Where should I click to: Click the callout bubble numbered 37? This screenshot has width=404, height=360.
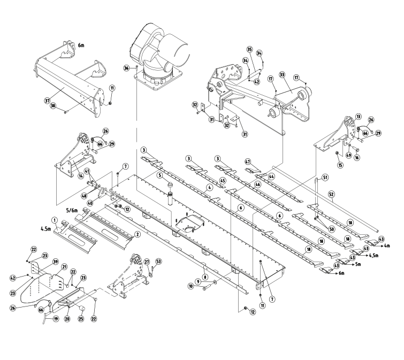(47, 101)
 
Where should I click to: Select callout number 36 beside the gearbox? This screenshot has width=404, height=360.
(126, 68)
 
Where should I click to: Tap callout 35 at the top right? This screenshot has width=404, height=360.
(249, 49)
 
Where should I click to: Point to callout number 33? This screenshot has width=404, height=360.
(282, 75)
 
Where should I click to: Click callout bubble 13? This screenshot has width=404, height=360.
(359, 117)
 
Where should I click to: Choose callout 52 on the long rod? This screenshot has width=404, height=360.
(332, 193)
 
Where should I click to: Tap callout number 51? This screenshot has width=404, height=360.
(325, 177)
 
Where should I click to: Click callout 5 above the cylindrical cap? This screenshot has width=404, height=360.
(160, 175)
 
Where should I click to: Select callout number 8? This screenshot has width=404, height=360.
(205, 277)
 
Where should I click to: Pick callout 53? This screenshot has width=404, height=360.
(158, 262)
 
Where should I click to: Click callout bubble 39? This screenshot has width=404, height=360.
(56, 262)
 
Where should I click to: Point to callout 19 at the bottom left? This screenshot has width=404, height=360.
(56, 319)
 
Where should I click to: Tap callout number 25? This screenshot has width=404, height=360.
(81, 319)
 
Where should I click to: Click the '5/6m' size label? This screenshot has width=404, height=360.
(72, 210)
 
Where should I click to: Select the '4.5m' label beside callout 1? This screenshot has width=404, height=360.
(45, 228)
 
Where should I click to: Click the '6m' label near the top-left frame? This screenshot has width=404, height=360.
(81, 45)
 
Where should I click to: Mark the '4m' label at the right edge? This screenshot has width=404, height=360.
(386, 246)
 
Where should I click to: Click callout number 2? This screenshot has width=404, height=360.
(138, 234)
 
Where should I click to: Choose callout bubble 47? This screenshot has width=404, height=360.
(248, 162)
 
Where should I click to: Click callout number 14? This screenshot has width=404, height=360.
(81, 175)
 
